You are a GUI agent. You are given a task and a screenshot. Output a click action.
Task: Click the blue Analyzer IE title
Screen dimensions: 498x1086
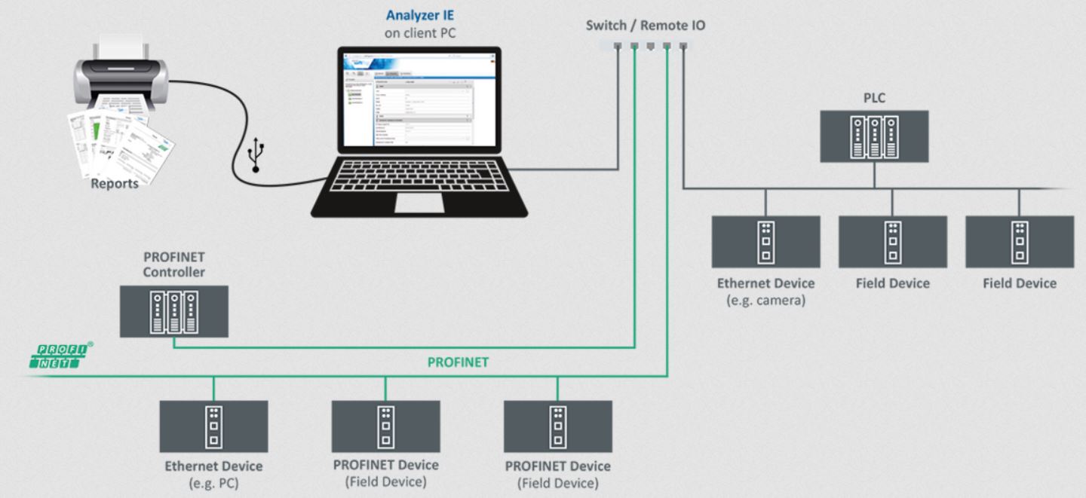(x=419, y=15)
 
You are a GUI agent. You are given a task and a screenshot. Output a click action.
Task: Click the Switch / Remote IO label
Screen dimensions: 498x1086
(x=646, y=26)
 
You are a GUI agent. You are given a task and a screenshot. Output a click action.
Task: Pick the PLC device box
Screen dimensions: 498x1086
(x=874, y=136)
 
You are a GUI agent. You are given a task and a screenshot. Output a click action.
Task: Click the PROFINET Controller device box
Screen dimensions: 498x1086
(x=174, y=311)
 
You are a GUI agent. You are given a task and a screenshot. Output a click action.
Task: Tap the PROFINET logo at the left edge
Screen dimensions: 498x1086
(x=63, y=355)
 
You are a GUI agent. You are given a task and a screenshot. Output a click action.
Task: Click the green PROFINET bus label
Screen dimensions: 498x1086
(x=458, y=362)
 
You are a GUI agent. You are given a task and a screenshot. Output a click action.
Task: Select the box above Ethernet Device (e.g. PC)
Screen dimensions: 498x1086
(x=213, y=426)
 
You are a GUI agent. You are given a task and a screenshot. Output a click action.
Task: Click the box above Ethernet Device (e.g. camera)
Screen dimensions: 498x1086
(x=765, y=242)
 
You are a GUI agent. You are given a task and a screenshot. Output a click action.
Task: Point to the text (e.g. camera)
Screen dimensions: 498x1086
(x=765, y=301)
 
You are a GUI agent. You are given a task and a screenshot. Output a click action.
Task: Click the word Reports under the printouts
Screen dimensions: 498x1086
(x=115, y=183)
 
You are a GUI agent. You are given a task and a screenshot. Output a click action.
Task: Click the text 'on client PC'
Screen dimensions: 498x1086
(x=419, y=33)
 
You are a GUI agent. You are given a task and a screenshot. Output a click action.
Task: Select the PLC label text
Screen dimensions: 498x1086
(x=874, y=99)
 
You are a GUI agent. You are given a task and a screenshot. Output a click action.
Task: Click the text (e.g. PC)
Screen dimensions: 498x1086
(x=213, y=483)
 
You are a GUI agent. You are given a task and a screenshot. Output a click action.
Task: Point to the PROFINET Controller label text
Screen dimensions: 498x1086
(x=174, y=264)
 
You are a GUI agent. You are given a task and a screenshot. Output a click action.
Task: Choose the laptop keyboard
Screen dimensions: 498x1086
(x=419, y=176)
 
